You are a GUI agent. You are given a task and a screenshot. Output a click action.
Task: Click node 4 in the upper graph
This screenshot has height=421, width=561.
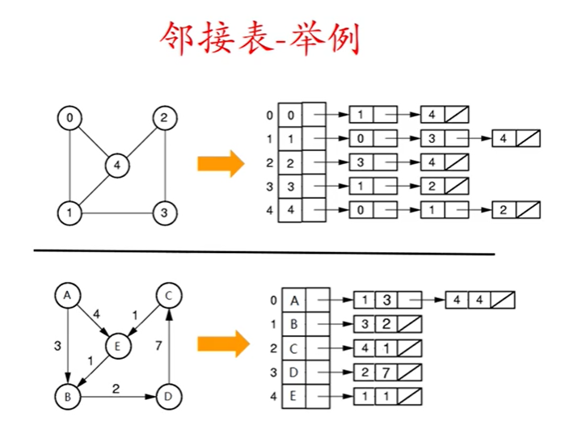(118, 166)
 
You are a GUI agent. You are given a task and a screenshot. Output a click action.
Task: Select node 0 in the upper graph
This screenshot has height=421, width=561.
(70, 119)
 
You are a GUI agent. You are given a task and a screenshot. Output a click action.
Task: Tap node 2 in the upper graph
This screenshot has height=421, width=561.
(164, 119)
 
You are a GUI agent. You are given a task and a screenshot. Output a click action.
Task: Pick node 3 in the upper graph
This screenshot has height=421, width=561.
(164, 213)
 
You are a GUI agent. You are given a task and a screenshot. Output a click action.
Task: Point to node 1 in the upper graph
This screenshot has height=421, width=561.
(70, 213)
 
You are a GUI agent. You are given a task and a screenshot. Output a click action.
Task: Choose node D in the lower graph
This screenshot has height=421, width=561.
(167, 396)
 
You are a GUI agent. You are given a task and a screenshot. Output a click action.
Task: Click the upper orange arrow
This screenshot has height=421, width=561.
(220, 164)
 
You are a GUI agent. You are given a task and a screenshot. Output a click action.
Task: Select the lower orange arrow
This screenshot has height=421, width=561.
(220, 343)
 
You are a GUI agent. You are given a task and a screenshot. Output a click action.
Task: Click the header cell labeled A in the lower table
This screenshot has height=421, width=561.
(294, 301)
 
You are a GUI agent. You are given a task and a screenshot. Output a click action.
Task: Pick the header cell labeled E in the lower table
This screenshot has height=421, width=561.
(294, 398)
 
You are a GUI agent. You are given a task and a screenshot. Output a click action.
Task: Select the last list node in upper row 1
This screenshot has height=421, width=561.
(516, 138)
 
